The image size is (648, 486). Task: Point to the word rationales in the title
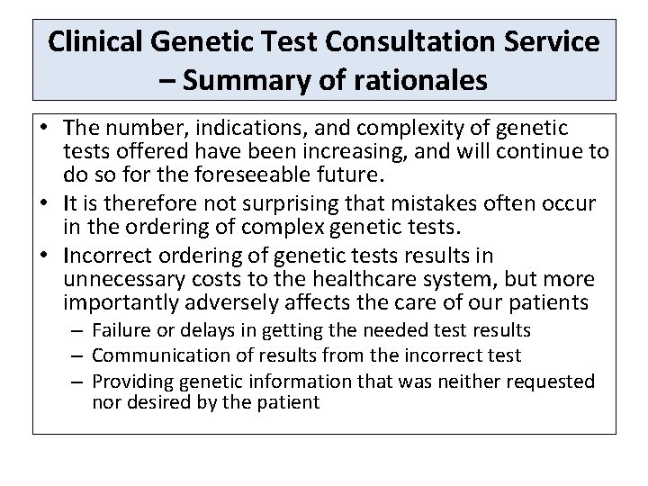[409, 81]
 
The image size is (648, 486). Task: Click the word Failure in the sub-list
[121, 331]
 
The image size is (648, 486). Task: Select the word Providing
[130, 381]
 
